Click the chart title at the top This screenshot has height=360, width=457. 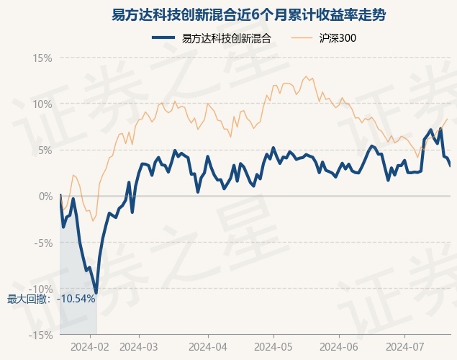coord(248,15)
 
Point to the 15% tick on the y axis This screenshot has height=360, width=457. coord(42,58)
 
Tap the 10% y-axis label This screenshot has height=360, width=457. coord(42,104)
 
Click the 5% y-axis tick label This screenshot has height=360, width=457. coord(45,150)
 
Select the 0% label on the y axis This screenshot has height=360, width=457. coord(46,197)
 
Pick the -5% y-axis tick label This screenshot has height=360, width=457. coord(43,243)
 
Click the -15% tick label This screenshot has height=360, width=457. coord(41,336)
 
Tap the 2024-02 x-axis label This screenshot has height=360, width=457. coord(90,347)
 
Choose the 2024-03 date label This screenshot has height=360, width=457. coord(139,347)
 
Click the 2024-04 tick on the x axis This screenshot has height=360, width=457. coord(208,347)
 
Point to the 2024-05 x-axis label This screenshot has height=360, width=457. coord(273,347)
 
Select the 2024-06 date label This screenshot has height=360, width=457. coord(339,347)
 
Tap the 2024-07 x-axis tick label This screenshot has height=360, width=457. coord(404,347)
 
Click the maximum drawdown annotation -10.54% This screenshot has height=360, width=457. coord(76,299)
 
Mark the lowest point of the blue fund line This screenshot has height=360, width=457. coord(96,292)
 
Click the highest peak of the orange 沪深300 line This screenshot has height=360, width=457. coord(306,76)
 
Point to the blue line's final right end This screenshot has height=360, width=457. coord(451,166)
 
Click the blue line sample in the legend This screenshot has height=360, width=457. coord(163,37)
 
